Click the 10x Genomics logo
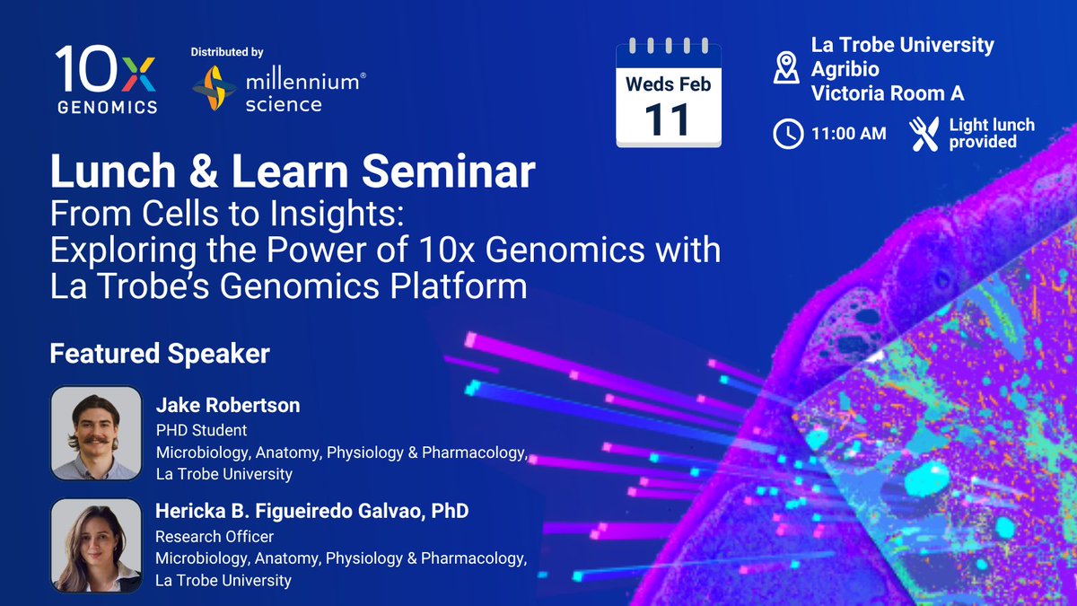tap(106, 79)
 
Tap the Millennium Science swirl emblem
tap(215, 88)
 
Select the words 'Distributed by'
tap(227, 52)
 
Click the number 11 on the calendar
tap(668, 119)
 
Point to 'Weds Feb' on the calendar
tap(669, 84)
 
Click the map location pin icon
tap(786, 68)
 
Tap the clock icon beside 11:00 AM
tap(788, 134)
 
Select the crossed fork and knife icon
tap(924, 134)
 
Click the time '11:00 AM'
tap(849, 134)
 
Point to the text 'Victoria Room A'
tap(888, 93)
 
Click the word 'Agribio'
tap(845, 69)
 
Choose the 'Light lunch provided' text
tap(992, 133)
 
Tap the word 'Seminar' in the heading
tap(448, 171)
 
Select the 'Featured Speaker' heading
tap(160, 354)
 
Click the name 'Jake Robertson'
tap(228, 405)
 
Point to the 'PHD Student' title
tap(201, 430)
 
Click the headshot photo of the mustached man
tap(96, 433)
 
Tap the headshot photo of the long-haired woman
tap(96, 545)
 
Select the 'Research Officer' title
tap(215, 536)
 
